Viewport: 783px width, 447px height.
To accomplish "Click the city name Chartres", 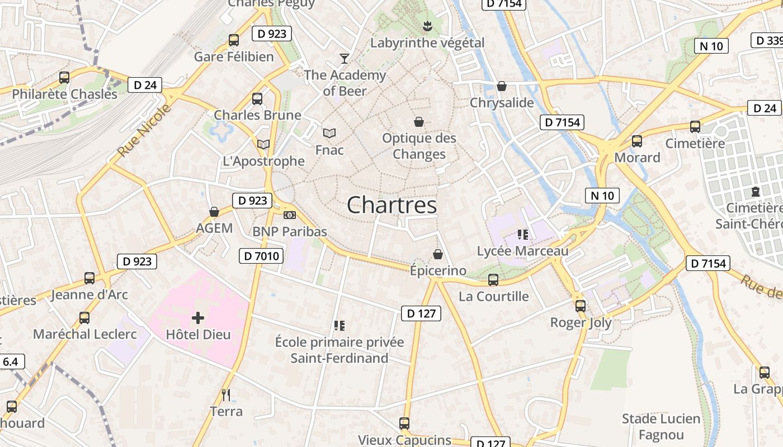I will coord(391,205).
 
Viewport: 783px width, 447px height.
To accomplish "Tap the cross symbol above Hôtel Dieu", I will coord(197,318).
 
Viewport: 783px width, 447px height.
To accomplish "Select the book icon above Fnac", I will coord(329,133).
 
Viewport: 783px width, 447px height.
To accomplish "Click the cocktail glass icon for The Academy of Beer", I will coord(345,58).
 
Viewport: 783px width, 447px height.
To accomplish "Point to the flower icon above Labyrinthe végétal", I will coord(427,26).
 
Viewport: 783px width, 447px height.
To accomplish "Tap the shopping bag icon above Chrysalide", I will coord(502,86).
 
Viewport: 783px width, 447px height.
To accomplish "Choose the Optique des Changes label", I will coord(419,146).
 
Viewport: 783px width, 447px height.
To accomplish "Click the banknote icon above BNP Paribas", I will coord(289,215).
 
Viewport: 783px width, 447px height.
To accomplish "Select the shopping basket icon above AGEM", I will coord(214,212).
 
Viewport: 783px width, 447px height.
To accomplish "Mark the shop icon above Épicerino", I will coord(438,254).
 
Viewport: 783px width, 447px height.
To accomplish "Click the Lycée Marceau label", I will coord(522,251).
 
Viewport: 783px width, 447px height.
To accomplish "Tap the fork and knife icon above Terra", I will coord(226,395).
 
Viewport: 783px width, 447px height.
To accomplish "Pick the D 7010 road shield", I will coord(261,256).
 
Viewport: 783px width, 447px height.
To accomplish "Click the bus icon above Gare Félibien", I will coord(234,40).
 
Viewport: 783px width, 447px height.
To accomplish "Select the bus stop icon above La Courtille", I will coord(493,279).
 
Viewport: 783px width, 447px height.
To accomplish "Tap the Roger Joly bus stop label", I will coord(581,322).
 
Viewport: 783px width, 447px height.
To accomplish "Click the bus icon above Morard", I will coord(637,141).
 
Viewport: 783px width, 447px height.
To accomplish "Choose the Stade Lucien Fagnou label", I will coord(661,426).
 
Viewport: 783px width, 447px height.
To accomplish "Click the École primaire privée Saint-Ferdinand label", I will coord(339,350).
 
